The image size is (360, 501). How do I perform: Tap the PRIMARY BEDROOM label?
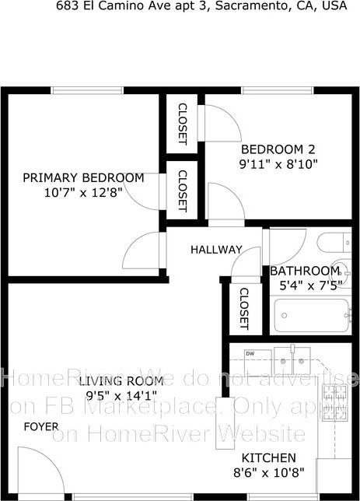(83, 177)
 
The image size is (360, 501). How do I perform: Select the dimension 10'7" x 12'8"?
(83, 192)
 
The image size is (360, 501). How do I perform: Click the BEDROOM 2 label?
(278, 149)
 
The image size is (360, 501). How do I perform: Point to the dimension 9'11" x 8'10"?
(278, 164)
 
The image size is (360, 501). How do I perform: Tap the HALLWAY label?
(217, 250)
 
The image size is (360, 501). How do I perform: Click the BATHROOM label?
(305, 271)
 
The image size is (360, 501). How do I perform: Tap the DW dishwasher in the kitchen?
(250, 360)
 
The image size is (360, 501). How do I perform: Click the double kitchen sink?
(295, 359)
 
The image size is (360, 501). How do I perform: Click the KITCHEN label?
(268, 457)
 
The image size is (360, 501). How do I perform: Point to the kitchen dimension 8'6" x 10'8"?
(269, 472)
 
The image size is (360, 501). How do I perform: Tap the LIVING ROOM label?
(121, 380)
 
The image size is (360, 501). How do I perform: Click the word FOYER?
(40, 426)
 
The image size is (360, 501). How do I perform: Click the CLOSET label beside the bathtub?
(243, 308)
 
